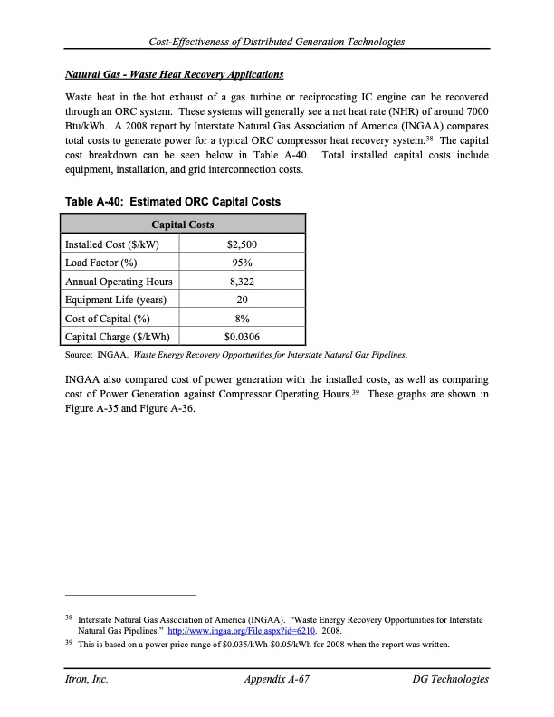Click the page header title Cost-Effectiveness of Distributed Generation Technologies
click(x=277, y=42)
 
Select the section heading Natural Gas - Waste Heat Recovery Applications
click(x=175, y=74)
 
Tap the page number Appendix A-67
click(x=277, y=679)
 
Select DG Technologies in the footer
click(x=450, y=679)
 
